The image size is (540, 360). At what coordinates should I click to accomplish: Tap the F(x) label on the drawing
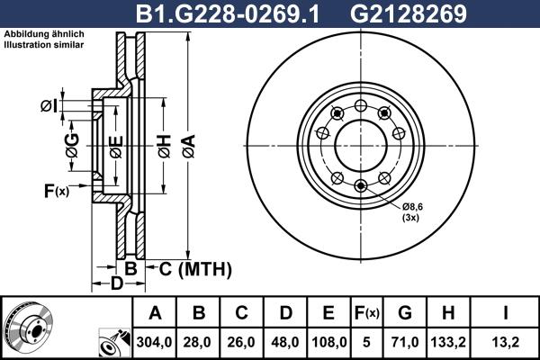tap(56, 190)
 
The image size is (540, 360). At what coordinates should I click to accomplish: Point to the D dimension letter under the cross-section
tap(116, 284)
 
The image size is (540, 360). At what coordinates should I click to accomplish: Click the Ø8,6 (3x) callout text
tap(413, 211)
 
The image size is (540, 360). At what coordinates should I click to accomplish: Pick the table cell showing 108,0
tap(328, 341)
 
